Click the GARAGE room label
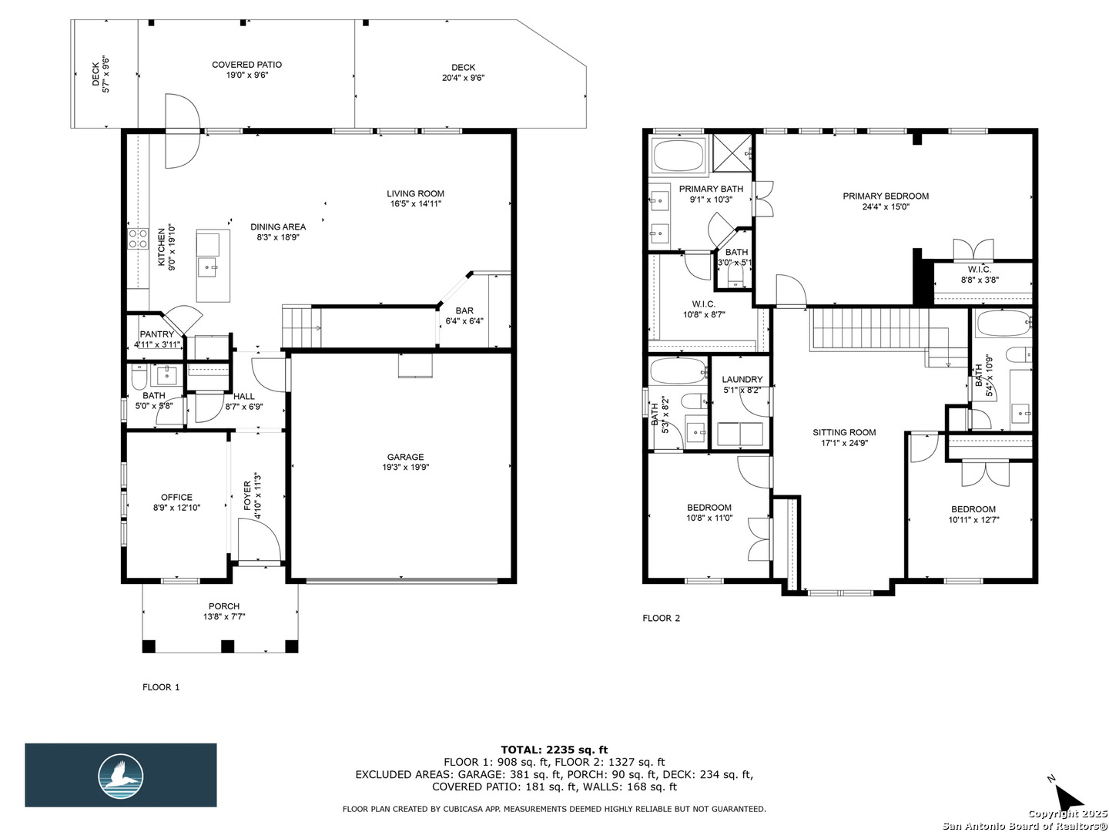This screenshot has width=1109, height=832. [405, 457]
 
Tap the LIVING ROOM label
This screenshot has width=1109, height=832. [415, 193]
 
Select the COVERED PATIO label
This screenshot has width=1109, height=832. [246, 65]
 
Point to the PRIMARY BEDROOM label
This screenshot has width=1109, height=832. [885, 196]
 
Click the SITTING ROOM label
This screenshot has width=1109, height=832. [844, 432]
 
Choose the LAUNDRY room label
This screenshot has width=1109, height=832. [742, 379]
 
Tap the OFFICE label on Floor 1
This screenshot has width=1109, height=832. [176, 497]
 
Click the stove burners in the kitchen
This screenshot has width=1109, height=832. [137, 239]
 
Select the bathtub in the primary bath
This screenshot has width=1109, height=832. [678, 156]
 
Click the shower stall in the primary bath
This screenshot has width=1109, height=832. [732, 153]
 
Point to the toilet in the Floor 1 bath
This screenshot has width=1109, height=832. [139, 374]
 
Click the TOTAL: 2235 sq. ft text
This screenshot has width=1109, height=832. [554, 750]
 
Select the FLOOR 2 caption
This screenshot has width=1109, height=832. [661, 618]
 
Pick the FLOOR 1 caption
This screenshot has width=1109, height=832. [161, 687]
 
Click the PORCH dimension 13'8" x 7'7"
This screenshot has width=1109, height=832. [224, 616]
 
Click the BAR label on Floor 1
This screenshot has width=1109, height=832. [464, 310]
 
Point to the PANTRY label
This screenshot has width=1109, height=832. [156, 334]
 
